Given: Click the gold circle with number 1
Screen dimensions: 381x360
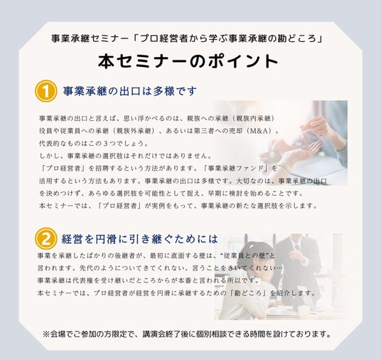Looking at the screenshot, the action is point(46,91).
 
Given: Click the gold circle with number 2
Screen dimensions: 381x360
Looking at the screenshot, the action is point(46,238).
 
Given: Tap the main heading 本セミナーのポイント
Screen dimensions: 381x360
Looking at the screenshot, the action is point(188,61).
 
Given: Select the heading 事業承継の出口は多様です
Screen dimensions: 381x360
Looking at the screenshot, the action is point(130,91).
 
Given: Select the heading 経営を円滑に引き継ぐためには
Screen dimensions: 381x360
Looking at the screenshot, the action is point(140,239).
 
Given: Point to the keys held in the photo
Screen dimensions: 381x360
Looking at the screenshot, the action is point(304,139).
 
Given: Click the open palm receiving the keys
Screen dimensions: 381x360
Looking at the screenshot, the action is point(308,149).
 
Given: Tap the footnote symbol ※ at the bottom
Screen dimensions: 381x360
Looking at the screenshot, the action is point(46,334).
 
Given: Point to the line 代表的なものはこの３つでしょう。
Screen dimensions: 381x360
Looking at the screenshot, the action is point(94,143).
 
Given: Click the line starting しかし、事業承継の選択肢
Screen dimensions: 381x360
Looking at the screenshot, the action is point(125,156).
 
